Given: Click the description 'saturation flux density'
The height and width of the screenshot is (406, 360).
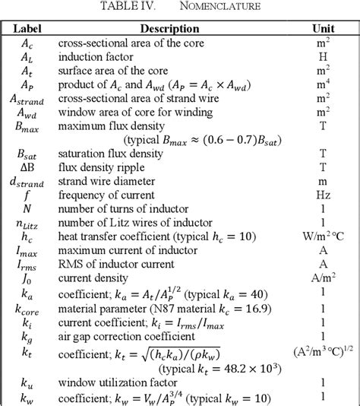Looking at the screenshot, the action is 110,154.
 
